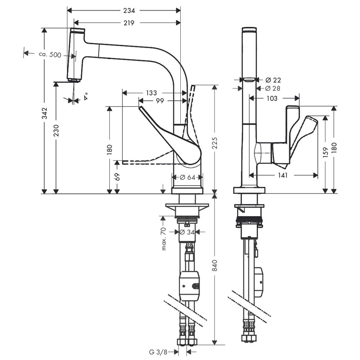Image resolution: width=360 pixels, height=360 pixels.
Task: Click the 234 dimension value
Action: (129, 10)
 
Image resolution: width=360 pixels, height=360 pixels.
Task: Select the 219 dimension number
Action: (129, 23)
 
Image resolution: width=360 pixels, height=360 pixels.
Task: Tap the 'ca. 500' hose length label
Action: (50, 55)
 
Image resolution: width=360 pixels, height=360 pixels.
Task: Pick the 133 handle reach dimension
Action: (151, 93)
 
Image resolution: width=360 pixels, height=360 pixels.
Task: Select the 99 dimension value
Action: (160, 101)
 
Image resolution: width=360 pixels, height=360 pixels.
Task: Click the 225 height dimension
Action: (215, 143)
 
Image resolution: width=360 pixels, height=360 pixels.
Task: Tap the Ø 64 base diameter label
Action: (187, 177)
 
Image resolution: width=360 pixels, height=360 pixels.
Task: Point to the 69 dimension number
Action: (117, 177)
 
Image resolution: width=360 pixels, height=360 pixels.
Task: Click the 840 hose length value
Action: (215, 265)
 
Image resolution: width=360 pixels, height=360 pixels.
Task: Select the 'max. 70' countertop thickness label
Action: (163, 239)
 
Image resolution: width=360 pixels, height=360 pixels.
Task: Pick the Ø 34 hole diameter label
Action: (187, 232)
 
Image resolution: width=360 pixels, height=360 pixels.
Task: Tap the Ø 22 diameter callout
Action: (273, 80)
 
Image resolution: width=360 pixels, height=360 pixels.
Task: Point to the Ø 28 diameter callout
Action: (273, 88)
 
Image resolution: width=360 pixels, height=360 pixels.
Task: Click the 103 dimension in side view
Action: (272, 99)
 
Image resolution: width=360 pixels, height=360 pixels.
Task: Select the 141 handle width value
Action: (283, 175)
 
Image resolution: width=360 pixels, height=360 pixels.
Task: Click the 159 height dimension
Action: (325, 152)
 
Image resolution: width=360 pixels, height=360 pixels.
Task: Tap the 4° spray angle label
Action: (86, 96)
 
